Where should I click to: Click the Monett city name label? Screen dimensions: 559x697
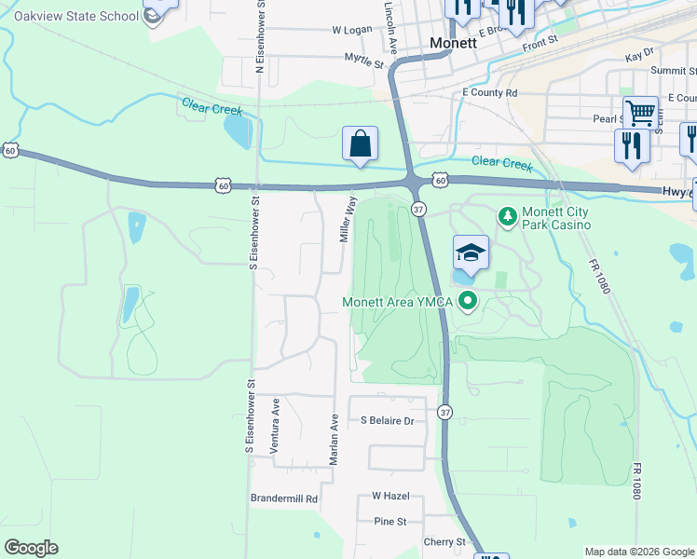click(x=454, y=43)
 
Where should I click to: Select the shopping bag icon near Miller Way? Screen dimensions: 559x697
click(x=360, y=144)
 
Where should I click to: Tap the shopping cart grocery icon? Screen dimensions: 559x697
click(x=640, y=113)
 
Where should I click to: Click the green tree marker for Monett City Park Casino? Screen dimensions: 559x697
click(x=507, y=216)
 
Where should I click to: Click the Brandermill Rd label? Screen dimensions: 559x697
click(x=284, y=498)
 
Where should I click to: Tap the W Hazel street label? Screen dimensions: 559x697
click(x=390, y=496)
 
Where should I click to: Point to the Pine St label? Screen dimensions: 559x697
click(x=390, y=521)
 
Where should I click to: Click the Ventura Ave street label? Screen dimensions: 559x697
click(x=275, y=426)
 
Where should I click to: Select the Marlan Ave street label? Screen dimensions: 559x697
click(x=333, y=439)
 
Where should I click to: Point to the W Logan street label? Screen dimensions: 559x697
click(x=352, y=30)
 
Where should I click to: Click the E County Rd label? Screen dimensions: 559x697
click(x=489, y=93)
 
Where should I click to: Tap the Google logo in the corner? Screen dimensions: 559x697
click(x=31, y=548)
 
